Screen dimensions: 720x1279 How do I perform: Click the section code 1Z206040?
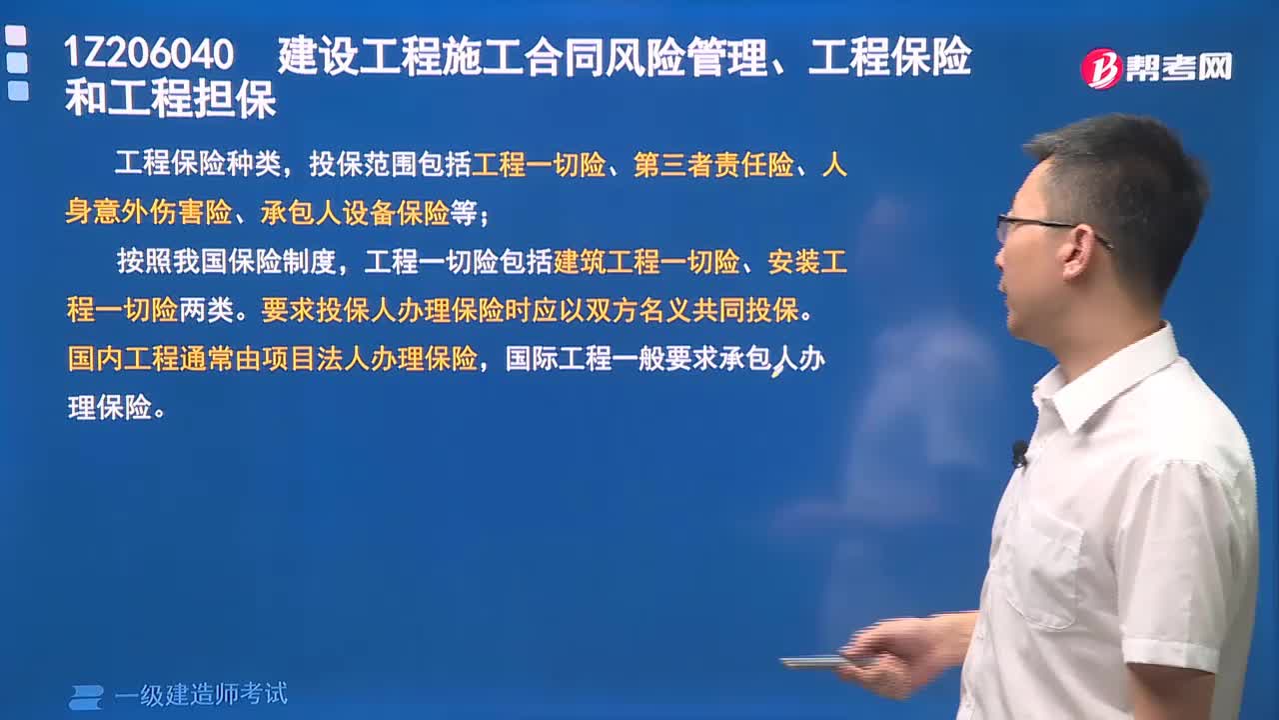(x=149, y=54)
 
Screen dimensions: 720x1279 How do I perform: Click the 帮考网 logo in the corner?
(x=1156, y=68)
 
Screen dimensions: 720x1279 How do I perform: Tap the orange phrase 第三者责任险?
(x=713, y=165)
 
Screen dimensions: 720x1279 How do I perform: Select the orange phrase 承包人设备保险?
(x=355, y=213)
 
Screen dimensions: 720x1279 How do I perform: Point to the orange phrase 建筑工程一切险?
(x=646, y=263)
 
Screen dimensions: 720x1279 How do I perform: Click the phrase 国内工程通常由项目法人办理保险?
(x=272, y=359)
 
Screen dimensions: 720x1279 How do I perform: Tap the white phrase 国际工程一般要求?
(x=611, y=359)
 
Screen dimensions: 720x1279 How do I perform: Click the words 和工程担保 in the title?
(x=170, y=101)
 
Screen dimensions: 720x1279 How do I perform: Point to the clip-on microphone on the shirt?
(x=1019, y=453)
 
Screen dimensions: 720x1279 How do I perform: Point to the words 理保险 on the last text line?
(x=109, y=407)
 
